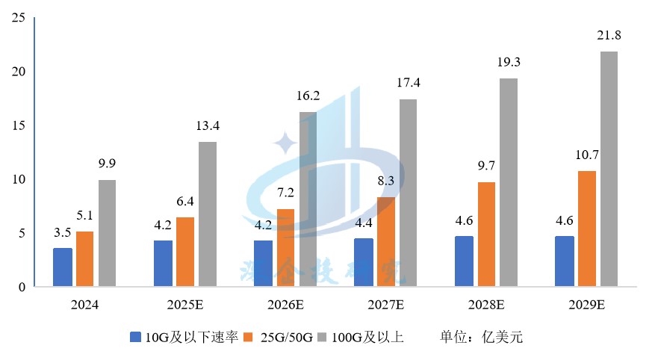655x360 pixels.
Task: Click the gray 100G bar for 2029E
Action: pos(608,169)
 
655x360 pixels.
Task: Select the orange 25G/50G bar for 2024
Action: pos(85,258)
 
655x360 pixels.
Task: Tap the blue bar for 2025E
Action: pos(163,263)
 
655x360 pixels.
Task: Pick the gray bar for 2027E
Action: pos(408,193)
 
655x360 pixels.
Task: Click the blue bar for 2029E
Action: pos(565,261)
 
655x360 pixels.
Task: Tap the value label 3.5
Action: pos(63,232)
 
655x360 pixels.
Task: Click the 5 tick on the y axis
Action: pos(22,233)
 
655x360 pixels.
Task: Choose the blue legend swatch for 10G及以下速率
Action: pos(135,338)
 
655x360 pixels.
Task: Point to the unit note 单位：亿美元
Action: pos(481,338)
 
